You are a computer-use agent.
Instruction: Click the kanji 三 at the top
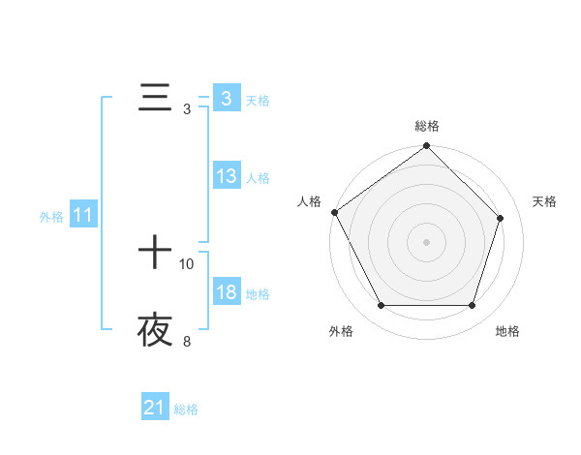tap(155, 98)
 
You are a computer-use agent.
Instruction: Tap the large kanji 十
tap(155, 254)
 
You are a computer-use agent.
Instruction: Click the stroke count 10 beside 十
tap(187, 263)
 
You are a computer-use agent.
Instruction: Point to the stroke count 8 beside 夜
tap(187, 341)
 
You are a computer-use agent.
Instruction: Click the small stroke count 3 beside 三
tap(187, 108)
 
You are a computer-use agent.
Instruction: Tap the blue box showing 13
tap(227, 176)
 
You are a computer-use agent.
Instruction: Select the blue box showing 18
tap(227, 292)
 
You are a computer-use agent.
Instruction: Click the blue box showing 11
tap(83, 216)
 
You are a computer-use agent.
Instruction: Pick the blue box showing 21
tap(155, 409)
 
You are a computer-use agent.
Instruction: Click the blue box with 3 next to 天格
tap(227, 99)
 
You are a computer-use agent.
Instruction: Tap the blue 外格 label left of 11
tap(51, 217)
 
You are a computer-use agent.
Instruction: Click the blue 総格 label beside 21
tap(186, 409)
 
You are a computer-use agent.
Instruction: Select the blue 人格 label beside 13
tap(258, 177)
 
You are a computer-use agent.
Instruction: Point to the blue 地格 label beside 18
tap(258, 293)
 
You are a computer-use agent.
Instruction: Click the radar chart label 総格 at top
tap(427, 126)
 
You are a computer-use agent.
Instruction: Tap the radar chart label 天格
tap(545, 201)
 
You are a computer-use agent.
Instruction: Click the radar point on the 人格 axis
tap(335, 212)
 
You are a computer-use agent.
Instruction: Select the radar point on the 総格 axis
tap(427, 147)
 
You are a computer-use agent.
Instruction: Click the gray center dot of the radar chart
tap(427, 242)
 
